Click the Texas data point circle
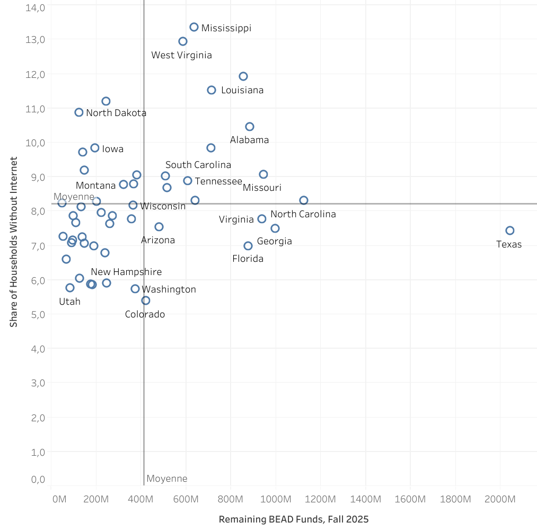coord(509,231)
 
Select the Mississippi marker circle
coord(194,27)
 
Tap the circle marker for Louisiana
coord(212,90)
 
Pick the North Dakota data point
coord(79,112)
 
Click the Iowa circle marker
coord(95,148)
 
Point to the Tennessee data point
coord(188,181)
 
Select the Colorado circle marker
coord(146,300)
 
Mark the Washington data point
coord(135,289)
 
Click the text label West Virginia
coord(181,55)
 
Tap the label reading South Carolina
coord(198,165)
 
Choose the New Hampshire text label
coord(126,272)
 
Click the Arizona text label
coord(158,240)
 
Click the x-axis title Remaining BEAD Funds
coord(293,519)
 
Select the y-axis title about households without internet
coord(14,242)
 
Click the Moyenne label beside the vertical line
coord(166,479)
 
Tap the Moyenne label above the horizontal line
coord(74,197)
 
